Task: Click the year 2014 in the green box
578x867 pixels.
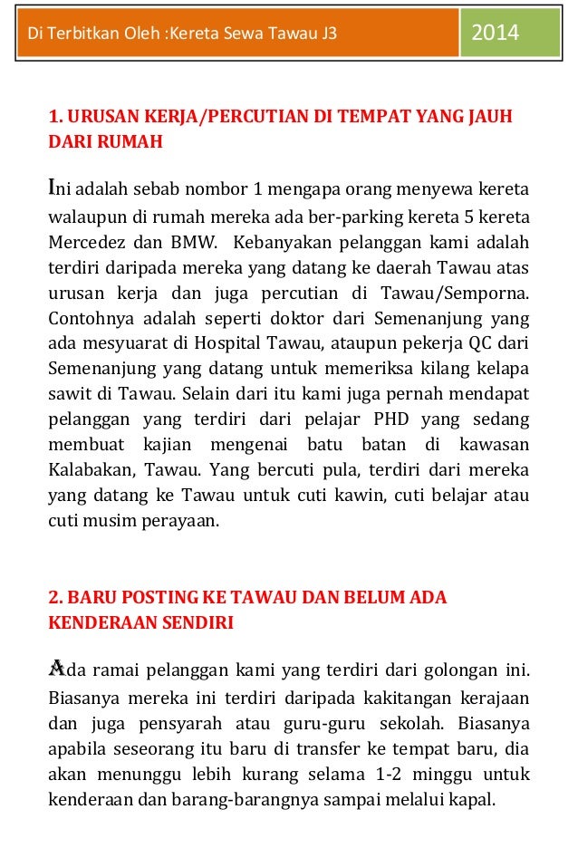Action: [x=495, y=34]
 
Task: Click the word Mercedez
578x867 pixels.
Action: [x=86, y=243]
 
